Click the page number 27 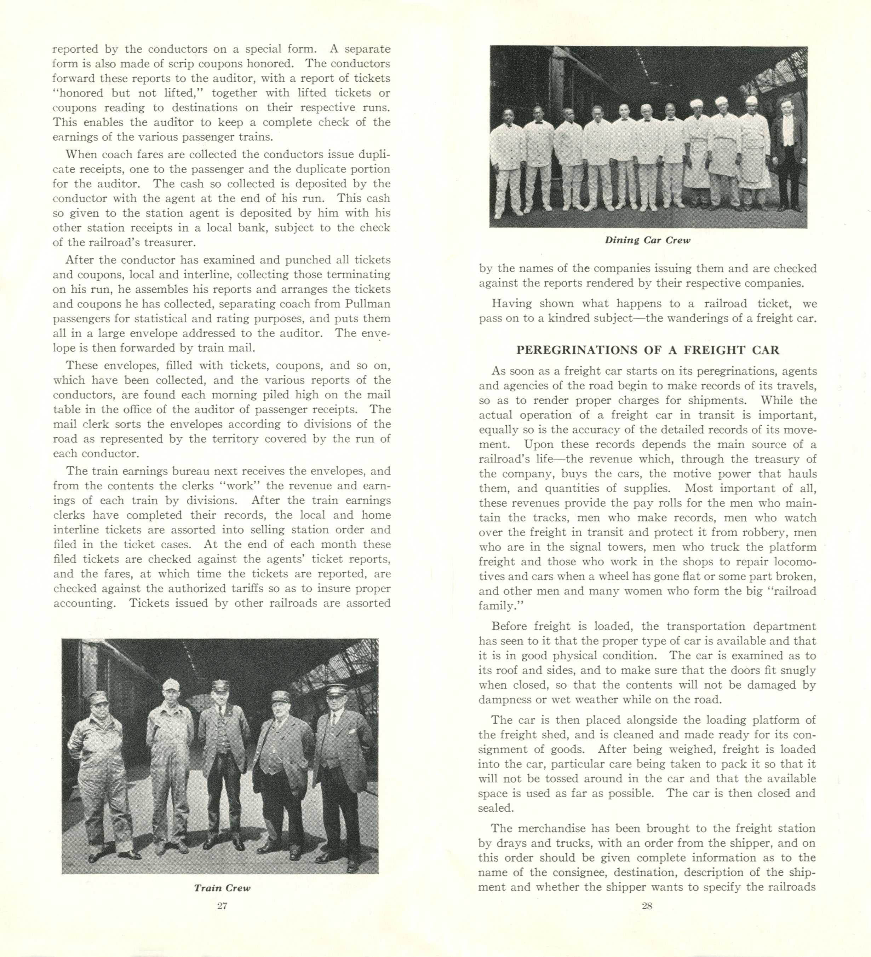(222, 905)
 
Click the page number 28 (647, 905)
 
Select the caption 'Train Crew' (222, 888)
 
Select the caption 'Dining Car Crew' (647, 240)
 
